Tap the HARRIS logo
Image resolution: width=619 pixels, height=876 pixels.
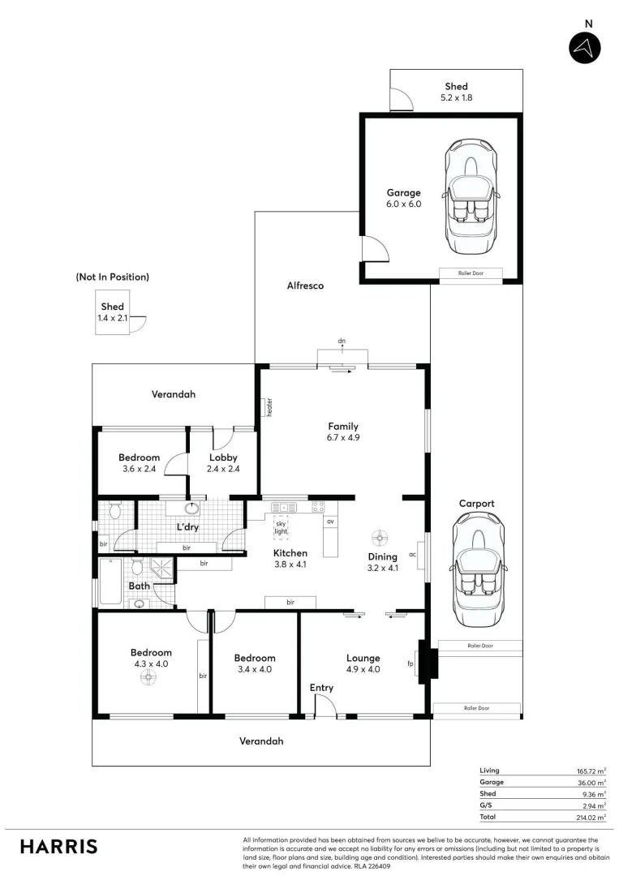pyautogui.click(x=58, y=847)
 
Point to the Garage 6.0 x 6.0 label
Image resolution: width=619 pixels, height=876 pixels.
pyautogui.click(x=403, y=199)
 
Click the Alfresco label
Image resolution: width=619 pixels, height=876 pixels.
pyautogui.click(x=305, y=286)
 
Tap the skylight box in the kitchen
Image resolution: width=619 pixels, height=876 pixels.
pyautogui.click(x=281, y=526)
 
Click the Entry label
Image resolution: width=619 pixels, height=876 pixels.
pyautogui.click(x=321, y=688)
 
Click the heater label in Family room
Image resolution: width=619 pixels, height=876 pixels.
pyautogui.click(x=268, y=408)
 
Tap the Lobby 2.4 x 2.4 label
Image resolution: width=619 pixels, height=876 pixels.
pyautogui.click(x=223, y=463)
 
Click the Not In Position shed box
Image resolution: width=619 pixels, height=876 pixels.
pyautogui.click(x=112, y=312)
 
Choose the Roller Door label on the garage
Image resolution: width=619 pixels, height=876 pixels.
pyautogui.click(x=471, y=273)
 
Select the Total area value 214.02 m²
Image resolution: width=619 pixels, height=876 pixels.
pyautogui.click(x=590, y=818)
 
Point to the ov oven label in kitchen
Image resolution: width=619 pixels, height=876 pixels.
pyautogui.click(x=331, y=522)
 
